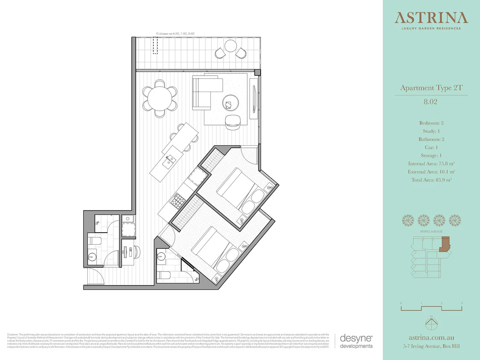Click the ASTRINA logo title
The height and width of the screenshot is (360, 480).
click(431, 18)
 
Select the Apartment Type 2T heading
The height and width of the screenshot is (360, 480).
click(431, 88)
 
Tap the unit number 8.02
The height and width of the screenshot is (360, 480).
click(430, 102)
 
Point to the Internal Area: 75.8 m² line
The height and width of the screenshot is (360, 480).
click(431, 164)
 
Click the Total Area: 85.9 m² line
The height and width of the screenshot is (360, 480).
click(431, 180)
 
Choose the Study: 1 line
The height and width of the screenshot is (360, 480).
click(431, 131)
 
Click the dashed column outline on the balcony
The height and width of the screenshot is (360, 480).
click(155, 45)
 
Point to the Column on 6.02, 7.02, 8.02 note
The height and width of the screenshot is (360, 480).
click(175, 34)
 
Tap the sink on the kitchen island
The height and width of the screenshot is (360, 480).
click(169, 161)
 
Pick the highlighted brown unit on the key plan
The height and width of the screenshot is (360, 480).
click(445, 244)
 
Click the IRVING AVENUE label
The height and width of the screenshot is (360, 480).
click(431, 232)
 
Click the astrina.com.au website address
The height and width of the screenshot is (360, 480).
click(431, 338)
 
